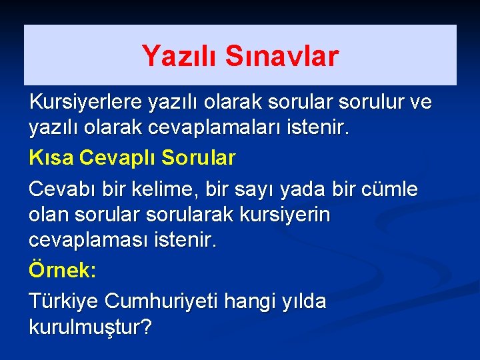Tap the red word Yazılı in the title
(180, 57)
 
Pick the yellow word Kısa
(51, 158)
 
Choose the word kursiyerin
(293, 215)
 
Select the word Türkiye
(63, 301)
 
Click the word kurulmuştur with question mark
(91, 327)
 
